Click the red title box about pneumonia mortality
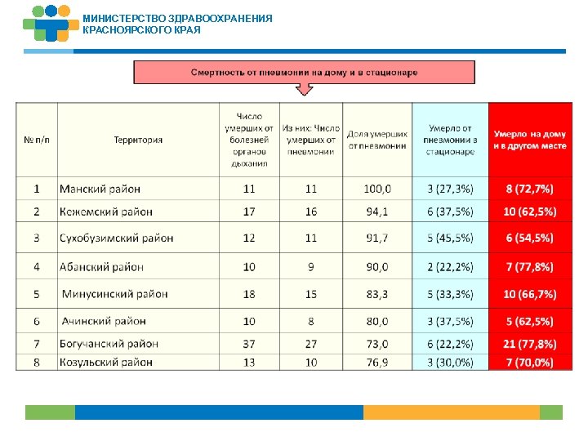tap(304, 72)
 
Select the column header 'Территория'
tap(138, 140)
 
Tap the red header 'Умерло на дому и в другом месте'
tap(529, 140)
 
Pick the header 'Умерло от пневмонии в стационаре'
tap(450, 140)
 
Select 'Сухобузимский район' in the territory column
tap(116, 238)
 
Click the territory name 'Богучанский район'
tap(109, 344)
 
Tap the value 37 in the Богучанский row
tap(249, 344)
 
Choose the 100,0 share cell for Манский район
tap(377, 189)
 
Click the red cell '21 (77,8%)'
tap(529, 344)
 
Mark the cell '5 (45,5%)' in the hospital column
tap(450, 238)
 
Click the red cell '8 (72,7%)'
tap(529, 189)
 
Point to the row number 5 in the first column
tap(37, 294)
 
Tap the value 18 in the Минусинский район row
tap(249, 294)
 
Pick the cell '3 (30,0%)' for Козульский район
tap(450, 362)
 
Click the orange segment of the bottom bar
tap(451, 412)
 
